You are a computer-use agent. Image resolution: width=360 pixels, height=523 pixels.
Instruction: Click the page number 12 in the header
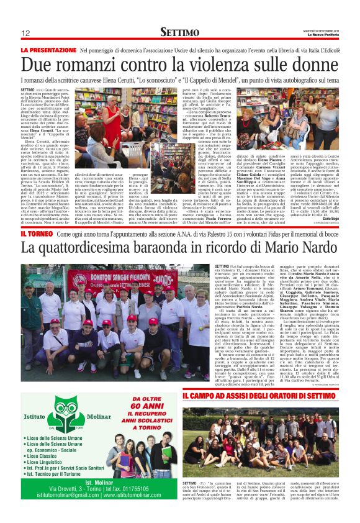(25, 32)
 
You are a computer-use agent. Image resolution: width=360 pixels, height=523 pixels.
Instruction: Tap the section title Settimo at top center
(179, 31)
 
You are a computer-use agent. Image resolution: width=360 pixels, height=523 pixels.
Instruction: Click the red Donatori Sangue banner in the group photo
(121, 276)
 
